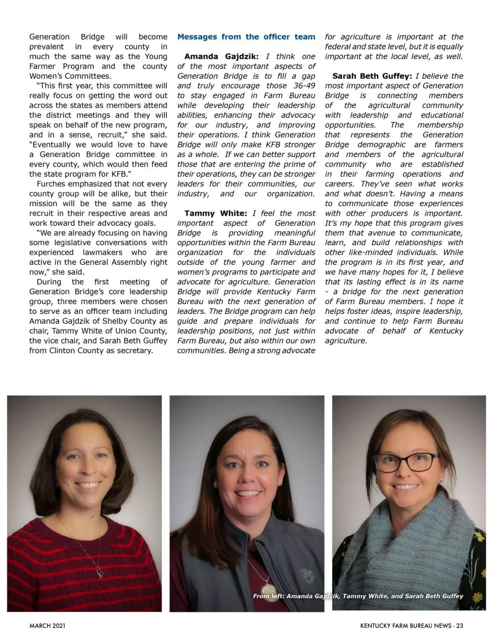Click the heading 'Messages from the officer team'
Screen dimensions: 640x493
coord(246,37)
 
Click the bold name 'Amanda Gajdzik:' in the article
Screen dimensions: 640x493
coord(221,56)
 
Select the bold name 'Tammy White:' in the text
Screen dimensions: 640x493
coord(215,213)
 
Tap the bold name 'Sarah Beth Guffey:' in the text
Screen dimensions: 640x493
coord(372,76)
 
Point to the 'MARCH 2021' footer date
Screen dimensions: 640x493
coord(47,626)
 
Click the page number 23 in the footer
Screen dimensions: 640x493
coord(459,626)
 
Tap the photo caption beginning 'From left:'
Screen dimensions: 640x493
coord(358,596)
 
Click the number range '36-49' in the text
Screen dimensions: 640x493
coord(304,86)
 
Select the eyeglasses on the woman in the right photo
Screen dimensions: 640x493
coord(405,462)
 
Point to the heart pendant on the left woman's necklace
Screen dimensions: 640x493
coord(99,572)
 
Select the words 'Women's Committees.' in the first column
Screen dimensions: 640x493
coord(70,76)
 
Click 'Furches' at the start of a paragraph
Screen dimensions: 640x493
coord(51,184)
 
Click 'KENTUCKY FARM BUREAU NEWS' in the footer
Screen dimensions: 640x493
coord(405,626)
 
